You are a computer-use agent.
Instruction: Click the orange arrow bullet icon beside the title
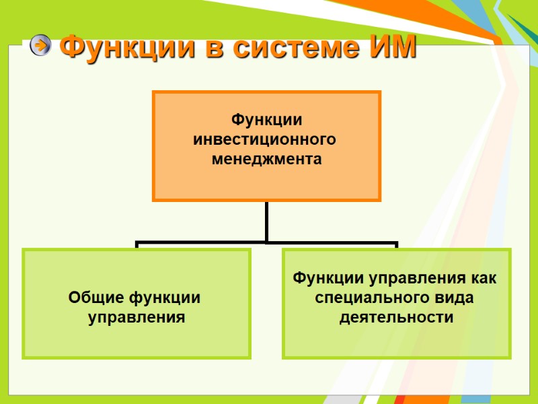coord(40,45)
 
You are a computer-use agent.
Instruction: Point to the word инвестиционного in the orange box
coord(264,139)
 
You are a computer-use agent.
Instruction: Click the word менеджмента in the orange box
coord(266,160)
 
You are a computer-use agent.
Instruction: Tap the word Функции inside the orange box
coord(266,120)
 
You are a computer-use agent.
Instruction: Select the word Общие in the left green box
coord(95,297)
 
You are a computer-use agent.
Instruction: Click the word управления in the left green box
coord(137,316)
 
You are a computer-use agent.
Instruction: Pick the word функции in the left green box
coord(165,297)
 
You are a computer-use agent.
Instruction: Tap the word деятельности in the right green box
coord(396,317)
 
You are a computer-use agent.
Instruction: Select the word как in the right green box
coord(483,278)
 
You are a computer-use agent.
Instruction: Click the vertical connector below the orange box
coord(266,221)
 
